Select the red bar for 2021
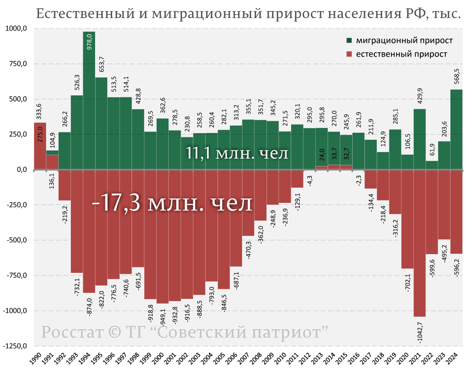click(420, 243)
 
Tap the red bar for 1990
click(40, 147)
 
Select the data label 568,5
click(457, 77)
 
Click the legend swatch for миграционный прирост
click(349, 41)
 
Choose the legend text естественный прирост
click(401, 54)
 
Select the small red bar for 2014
click(334, 167)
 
